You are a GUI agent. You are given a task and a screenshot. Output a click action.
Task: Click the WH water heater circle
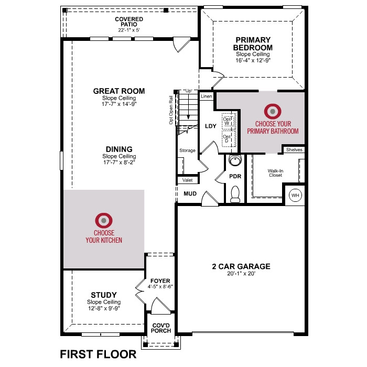point(295,195)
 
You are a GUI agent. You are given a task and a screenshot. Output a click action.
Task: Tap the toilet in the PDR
point(235,194)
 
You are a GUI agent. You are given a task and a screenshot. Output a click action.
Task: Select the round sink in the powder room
point(235,160)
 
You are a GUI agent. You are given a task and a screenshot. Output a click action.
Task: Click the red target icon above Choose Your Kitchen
point(104,220)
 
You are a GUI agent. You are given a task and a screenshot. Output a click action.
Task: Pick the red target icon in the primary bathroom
point(273,111)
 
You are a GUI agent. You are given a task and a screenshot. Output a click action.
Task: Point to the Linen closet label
point(207,96)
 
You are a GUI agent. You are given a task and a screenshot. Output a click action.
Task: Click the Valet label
point(188,180)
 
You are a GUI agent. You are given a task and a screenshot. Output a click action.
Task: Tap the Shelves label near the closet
point(294,150)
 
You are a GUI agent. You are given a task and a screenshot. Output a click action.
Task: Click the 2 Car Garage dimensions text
point(241,273)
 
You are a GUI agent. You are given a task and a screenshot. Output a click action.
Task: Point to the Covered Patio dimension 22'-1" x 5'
point(129,30)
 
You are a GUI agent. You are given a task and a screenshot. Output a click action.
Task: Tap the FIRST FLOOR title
point(99,354)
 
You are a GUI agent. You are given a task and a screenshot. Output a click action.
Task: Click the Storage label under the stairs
point(187,150)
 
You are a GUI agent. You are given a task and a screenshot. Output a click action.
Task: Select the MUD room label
point(190,193)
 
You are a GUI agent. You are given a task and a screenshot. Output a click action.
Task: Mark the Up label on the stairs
point(188,91)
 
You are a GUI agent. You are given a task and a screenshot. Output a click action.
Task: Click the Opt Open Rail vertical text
point(171,110)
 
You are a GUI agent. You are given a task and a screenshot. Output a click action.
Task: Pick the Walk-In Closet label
point(275,173)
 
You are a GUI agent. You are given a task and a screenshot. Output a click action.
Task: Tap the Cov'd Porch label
point(161,328)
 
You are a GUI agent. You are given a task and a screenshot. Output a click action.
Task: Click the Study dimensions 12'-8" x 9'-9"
point(104,308)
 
